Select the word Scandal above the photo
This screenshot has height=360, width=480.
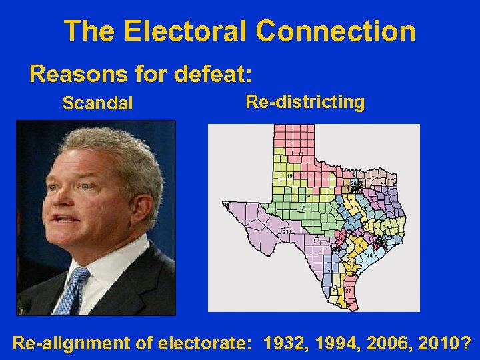[97, 104]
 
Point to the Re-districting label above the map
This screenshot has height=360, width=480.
[305, 102]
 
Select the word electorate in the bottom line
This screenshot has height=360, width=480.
[203, 343]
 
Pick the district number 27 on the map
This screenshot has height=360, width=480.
[349, 292]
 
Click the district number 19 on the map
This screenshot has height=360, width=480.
[289, 175]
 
